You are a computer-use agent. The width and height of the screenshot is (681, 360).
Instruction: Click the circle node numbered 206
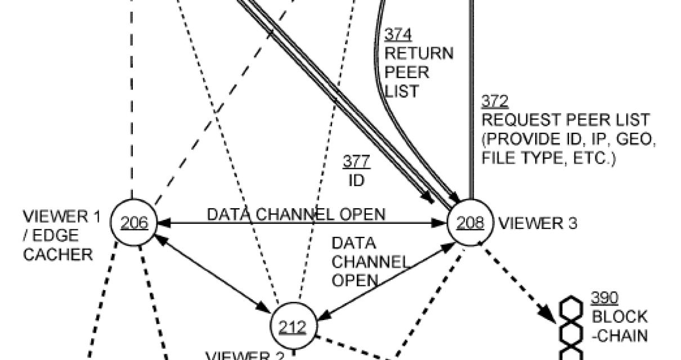coord(132,223)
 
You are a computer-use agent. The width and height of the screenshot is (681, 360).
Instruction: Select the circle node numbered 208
coord(469,223)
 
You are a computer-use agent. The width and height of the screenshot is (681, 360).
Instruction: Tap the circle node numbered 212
coord(293,327)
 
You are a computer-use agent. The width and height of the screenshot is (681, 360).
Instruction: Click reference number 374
coord(397,35)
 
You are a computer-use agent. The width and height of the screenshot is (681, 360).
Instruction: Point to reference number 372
coord(495,101)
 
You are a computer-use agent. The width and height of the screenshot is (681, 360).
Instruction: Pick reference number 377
coord(356,162)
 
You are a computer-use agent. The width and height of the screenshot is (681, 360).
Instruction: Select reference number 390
coord(604,298)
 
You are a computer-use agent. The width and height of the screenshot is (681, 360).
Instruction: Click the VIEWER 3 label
coord(537,223)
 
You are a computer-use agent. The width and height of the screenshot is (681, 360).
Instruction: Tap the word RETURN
coord(419,54)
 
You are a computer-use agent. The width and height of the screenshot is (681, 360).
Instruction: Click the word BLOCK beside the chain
coord(619,317)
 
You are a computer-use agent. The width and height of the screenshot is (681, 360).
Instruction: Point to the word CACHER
coord(57,255)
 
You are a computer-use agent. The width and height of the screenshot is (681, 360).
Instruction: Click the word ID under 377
coord(356,181)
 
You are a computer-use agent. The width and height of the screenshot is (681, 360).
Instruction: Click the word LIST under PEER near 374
coord(402,91)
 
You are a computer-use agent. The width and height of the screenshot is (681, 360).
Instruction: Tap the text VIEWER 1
coord(62,217)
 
